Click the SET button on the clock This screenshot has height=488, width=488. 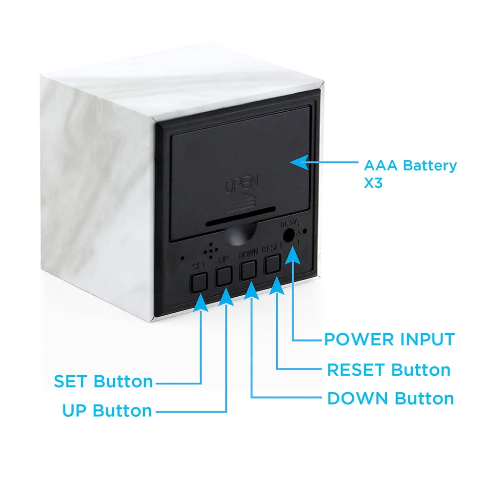(199, 282)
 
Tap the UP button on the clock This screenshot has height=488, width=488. (224, 276)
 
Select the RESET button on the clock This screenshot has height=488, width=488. (272, 264)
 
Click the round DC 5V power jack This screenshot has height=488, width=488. (288, 235)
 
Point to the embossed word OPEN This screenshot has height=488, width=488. (242, 183)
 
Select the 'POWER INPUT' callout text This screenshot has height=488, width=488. (389, 339)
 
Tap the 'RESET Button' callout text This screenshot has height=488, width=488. (389, 370)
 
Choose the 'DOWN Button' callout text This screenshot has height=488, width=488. (390, 398)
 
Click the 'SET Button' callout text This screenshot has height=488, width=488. (103, 381)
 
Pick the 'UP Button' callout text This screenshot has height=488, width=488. (107, 410)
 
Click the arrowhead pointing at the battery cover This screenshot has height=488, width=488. (299, 162)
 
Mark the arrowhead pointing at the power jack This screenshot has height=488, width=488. (292, 255)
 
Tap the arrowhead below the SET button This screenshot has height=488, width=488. (201, 302)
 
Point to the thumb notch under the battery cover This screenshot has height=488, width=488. (240, 234)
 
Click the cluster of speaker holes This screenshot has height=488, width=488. (211, 251)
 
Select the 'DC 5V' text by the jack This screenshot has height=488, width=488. (289, 223)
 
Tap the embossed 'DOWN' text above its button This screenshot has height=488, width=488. (248, 254)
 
